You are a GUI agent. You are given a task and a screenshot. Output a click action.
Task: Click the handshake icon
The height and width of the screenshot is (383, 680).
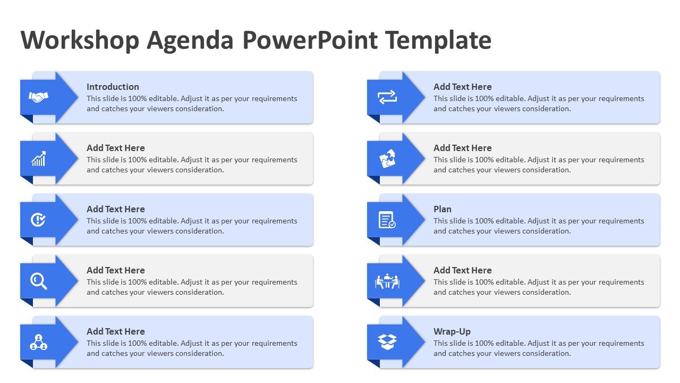click(39, 97)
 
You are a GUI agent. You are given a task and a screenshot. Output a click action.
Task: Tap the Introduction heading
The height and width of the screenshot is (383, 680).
click(113, 87)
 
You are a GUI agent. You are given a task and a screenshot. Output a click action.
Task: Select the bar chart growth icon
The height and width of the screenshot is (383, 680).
click(39, 159)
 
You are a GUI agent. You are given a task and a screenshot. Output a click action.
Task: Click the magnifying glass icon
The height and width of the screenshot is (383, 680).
click(39, 281)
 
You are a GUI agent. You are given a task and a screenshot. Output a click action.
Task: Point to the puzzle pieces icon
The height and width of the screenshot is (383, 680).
click(387, 159)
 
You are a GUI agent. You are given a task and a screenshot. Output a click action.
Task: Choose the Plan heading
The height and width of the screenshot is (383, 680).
click(443, 209)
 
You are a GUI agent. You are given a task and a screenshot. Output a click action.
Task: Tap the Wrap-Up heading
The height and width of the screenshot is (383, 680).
click(452, 331)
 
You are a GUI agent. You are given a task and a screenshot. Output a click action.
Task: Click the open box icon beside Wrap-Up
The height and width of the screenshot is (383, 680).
click(387, 342)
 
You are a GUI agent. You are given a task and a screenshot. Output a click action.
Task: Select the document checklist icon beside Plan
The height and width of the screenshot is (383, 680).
click(387, 220)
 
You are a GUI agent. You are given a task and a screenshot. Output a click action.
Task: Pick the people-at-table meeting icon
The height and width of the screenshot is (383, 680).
click(387, 281)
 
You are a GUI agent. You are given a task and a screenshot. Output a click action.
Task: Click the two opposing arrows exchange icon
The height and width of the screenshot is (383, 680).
click(387, 97)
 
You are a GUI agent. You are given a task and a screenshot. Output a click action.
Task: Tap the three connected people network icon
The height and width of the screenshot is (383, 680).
click(39, 342)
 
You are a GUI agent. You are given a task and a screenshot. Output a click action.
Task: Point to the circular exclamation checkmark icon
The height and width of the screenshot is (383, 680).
click(38, 220)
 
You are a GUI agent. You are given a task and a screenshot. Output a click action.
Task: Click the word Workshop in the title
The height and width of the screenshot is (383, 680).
click(80, 40)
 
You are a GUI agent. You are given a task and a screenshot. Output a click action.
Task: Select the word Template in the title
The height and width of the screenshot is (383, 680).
click(438, 40)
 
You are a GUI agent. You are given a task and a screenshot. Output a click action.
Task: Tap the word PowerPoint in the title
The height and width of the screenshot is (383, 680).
click(310, 40)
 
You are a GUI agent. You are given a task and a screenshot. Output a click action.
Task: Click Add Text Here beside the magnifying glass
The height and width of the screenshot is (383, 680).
click(116, 271)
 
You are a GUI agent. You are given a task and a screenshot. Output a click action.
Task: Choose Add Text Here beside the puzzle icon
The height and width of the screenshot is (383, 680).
click(462, 148)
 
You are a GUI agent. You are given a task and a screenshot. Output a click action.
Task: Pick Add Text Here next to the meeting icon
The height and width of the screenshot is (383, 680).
click(462, 271)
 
